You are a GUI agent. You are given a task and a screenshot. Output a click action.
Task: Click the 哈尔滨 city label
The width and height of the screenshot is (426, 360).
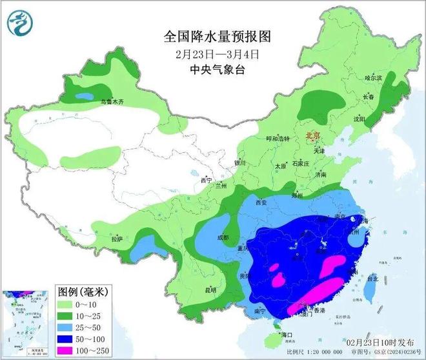(x=374, y=77)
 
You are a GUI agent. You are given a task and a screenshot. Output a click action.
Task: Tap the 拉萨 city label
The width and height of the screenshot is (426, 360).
(x=116, y=239)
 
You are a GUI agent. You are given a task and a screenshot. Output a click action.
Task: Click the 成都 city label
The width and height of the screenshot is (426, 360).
(x=223, y=237)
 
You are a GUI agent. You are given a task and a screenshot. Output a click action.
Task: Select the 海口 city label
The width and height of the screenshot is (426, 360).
(x=285, y=334)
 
